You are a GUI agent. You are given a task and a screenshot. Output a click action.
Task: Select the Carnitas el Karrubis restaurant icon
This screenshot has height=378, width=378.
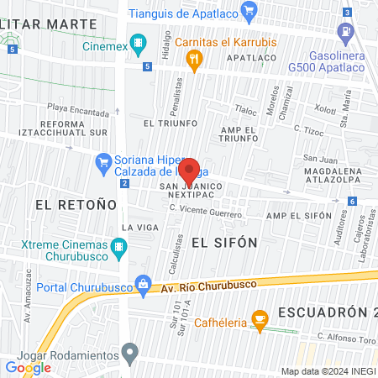click(x=195, y=58)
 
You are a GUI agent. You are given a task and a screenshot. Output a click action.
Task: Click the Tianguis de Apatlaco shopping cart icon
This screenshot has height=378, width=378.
click(x=249, y=11)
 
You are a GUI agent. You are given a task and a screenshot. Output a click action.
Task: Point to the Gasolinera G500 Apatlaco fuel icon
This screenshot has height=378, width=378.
click(x=344, y=34)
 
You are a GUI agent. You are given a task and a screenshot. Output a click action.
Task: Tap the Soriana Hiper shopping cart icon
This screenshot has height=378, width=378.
click(x=104, y=160)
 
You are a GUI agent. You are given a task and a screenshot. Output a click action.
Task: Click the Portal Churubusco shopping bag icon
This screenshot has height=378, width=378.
click(x=144, y=282)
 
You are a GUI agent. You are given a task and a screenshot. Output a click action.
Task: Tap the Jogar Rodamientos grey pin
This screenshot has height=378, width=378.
click(x=129, y=352)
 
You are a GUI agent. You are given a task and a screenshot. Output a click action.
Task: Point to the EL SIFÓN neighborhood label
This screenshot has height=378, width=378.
click(x=211, y=242)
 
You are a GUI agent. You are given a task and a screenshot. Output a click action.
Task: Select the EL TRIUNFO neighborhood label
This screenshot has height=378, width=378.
click(x=171, y=123)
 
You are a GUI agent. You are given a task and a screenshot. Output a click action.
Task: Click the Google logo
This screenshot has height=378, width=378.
click(x=28, y=367)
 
